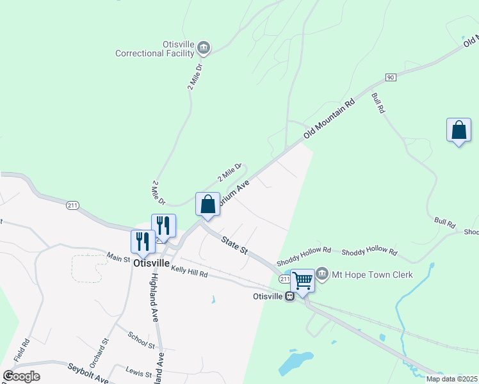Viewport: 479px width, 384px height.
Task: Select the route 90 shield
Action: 390,77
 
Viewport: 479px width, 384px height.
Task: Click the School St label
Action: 142,340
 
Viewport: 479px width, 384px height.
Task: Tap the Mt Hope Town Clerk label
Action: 372,275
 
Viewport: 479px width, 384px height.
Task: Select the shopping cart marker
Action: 302,279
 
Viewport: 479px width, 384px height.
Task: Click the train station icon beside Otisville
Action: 289,296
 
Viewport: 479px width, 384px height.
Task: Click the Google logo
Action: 21,376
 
